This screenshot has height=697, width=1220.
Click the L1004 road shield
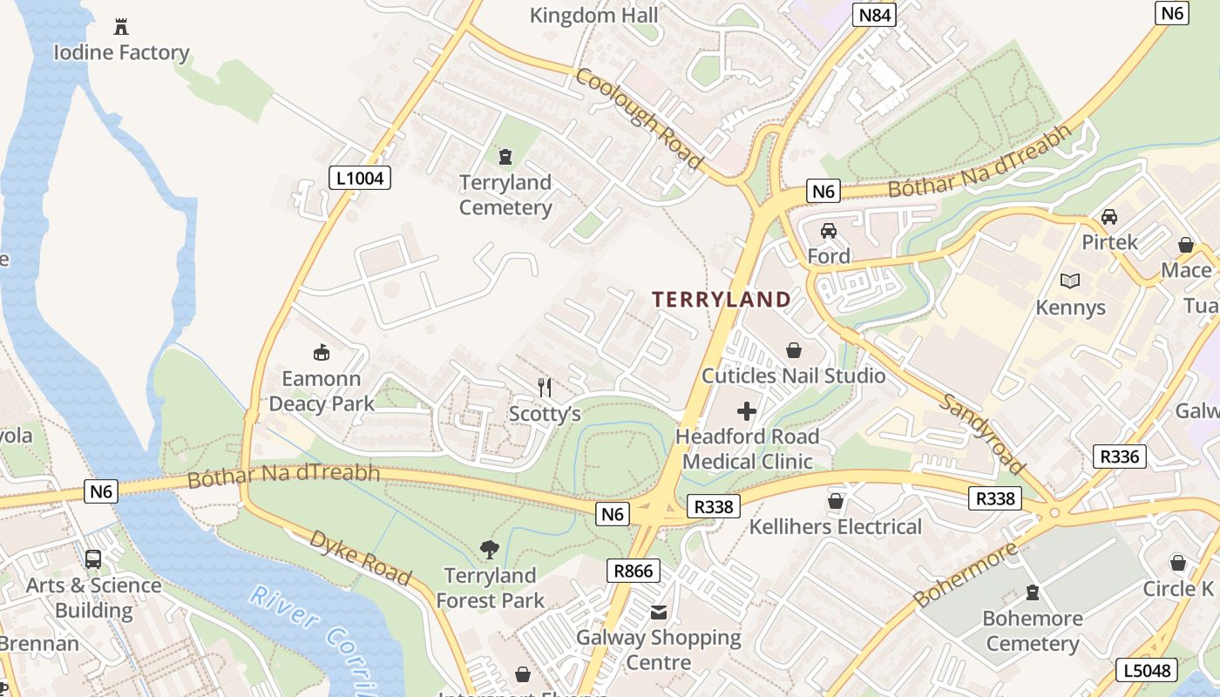[359, 178]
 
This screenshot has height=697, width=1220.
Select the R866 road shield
[633, 571]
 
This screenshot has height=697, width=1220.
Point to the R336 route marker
[1119, 456]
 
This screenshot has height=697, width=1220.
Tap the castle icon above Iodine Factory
[121, 27]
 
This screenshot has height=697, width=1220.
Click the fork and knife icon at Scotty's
[545, 388]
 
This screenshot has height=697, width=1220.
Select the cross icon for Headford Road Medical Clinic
[747, 411]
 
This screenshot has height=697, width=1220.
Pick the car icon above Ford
[828, 231]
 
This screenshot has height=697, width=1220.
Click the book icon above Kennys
[1070, 281]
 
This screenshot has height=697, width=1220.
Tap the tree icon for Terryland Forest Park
[490, 550]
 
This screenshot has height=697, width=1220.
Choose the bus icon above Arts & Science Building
[93, 559]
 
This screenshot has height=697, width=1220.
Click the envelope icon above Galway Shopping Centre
[659, 612]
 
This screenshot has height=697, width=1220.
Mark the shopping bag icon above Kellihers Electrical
[835, 501]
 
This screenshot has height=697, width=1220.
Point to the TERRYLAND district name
[722, 300]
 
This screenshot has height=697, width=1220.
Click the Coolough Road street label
[639, 118]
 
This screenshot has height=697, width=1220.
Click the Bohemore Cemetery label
[1033, 632]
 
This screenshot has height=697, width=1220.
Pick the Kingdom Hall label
[594, 15]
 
